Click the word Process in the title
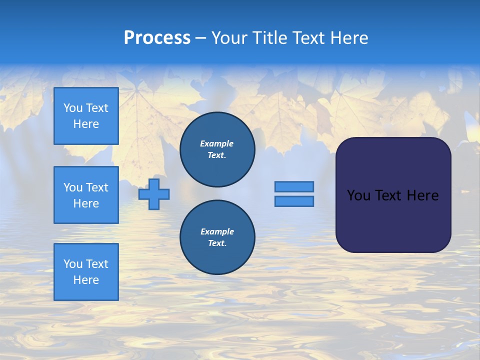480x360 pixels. [x=157, y=38]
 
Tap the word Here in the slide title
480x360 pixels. [x=348, y=38]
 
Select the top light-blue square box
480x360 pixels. [x=86, y=116]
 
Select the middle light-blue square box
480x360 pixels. [x=86, y=195]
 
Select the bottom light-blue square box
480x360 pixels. [x=86, y=271]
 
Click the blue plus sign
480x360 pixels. [x=154, y=194]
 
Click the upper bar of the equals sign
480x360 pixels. [x=294, y=186]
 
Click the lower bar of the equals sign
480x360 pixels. [x=294, y=201]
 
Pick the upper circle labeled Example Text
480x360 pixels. [x=217, y=149]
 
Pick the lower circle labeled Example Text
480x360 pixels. [x=217, y=237]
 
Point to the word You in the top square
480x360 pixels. [x=73, y=108]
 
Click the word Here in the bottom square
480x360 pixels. [x=86, y=280]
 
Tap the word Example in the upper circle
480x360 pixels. [x=217, y=143]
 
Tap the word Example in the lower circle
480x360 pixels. [x=217, y=231]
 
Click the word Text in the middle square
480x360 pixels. [x=97, y=187]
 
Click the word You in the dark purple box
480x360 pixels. [x=358, y=195]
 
